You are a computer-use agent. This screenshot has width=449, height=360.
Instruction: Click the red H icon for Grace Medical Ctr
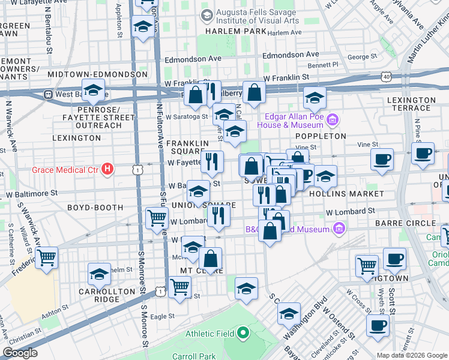point(107,170)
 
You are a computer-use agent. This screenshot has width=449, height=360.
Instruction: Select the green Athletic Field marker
point(243,333)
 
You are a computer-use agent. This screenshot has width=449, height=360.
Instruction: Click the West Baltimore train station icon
point(48,95)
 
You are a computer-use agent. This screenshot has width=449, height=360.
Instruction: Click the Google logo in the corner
point(20,353)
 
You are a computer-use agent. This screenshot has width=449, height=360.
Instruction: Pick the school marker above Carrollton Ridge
point(100,274)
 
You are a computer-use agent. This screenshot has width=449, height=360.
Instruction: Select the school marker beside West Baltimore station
point(94,90)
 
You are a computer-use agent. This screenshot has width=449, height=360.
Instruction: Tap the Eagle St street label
point(162,316)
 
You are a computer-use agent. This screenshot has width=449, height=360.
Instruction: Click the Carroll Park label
point(200,356)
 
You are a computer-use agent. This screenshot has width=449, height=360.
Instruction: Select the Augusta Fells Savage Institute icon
point(207,15)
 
